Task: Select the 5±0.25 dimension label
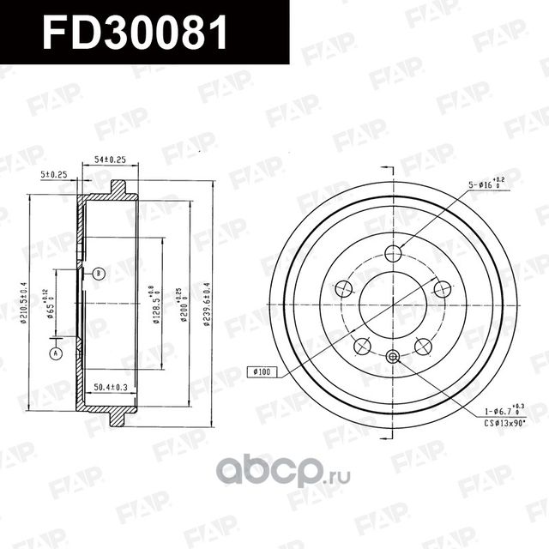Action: click(56, 174)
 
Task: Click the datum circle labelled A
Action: click(57, 353)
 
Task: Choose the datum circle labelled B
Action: click(99, 274)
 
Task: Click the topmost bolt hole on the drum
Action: click(393, 253)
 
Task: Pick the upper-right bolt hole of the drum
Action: click(443, 289)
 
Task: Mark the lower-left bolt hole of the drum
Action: click(363, 346)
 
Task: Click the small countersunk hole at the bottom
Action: click(393, 357)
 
